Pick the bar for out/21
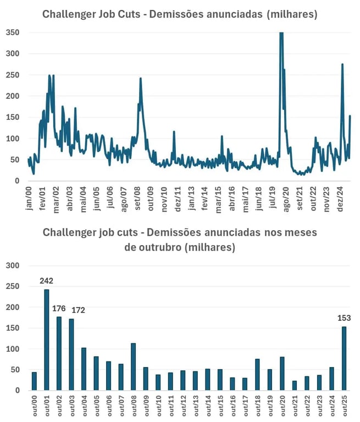pyautogui.click(x=295, y=385)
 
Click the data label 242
pyautogui.click(x=46, y=281)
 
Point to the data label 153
pyautogui.click(x=344, y=318)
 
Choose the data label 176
pyautogui.click(x=59, y=308)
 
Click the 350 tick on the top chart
pyautogui.click(x=13, y=32)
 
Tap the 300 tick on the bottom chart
pyautogui.click(x=13, y=265)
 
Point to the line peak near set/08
pyautogui.click(x=141, y=79)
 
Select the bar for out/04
pyautogui.click(x=84, y=369)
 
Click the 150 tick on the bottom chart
pyautogui.click(x=13, y=328)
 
